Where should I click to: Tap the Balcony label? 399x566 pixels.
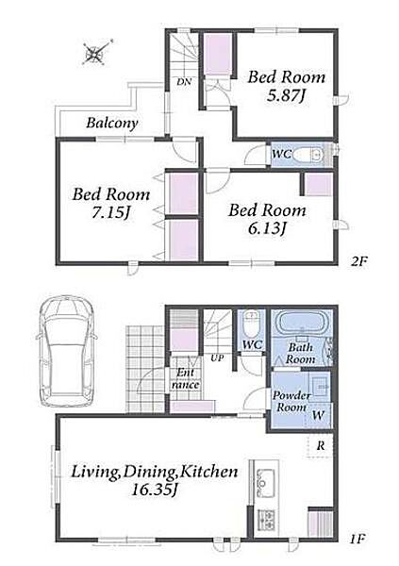tap(112, 123)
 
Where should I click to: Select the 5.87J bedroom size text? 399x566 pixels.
tap(287, 95)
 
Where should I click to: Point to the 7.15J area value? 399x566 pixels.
tap(111, 212)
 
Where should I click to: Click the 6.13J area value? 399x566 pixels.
tap(268, 228)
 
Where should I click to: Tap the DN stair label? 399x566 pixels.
tap(184, 82)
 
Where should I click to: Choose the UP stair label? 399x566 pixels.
tap(217, 358)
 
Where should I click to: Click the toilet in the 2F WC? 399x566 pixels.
tap(308, 156)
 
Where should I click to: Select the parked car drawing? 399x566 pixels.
tap(67, 351)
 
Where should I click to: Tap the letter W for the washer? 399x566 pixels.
tap(318, 415)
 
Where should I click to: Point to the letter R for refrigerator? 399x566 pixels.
tap(321, 446)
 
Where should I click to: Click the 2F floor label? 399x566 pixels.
tap(359, 261)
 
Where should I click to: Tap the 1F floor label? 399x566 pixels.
tap(358, 540)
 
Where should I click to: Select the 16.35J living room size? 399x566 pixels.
tap(155, 490)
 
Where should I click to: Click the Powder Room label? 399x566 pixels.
tap(291, 401)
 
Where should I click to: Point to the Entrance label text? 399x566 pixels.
tap(186, 378)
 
